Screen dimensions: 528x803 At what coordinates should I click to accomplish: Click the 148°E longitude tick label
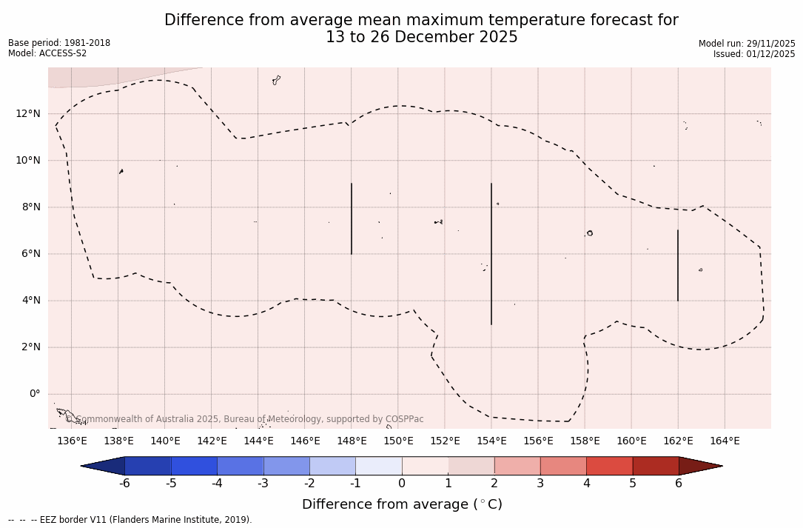[352, 441]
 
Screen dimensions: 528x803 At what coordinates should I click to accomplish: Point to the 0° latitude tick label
[35, 394]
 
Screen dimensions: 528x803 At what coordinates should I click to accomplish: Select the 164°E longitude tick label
[725, 441]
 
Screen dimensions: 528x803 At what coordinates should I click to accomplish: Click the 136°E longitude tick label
[72, 441]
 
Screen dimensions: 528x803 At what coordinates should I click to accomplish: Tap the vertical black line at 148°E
[352, 218]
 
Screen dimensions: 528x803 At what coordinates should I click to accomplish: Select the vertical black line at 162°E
[678, 265]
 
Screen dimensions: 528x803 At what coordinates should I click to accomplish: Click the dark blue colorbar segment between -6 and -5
[148, 466]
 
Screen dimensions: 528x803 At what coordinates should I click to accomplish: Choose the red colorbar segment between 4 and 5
[609, 466]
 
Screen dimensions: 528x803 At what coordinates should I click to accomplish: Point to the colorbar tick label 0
[402, 484]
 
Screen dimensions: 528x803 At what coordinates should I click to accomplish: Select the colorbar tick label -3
[262, 484]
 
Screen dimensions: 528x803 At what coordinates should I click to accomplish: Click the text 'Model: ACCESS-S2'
[47, 53]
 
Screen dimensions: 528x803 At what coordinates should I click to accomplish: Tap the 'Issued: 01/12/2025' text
[754, 54]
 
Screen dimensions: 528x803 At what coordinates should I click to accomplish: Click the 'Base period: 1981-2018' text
[59, 43]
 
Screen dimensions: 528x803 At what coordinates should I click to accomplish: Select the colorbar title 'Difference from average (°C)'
[402, 504]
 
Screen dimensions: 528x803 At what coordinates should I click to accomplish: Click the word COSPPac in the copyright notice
[403, 419]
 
